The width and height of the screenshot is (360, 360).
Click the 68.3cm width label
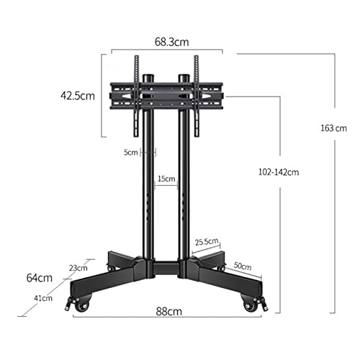171,42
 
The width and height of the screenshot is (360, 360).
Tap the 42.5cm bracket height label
78,96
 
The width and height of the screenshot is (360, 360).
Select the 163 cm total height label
334,128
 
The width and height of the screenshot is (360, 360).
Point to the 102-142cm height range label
279,172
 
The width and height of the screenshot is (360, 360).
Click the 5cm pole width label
131,152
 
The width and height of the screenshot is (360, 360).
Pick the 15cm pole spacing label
166,179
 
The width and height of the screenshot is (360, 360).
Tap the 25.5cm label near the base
207,242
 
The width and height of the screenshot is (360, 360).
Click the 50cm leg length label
243,266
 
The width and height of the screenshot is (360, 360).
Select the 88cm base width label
169,312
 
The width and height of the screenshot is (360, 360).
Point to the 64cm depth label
40,278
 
